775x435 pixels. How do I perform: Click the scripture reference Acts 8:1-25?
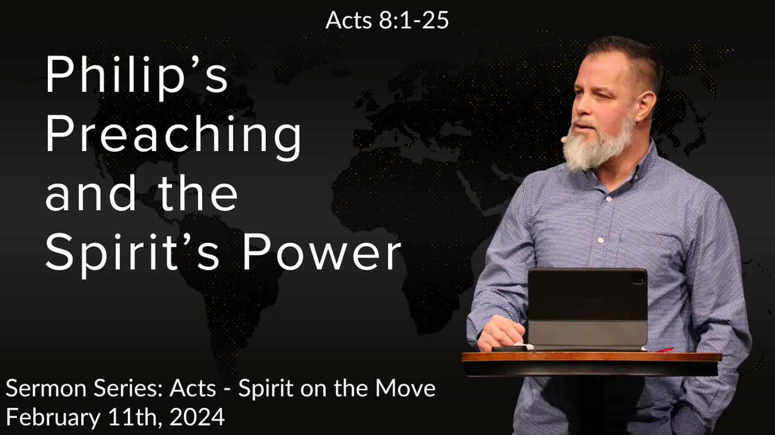point(387,20)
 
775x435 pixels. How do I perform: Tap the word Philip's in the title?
point(137,77)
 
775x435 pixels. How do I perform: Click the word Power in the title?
point(322,251)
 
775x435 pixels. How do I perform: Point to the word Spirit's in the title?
point(132,255)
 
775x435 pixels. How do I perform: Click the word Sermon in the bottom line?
point(46,388)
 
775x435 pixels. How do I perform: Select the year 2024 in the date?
point(197,417)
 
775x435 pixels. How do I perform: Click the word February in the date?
point(53,418)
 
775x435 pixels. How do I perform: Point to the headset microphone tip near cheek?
point(563,139)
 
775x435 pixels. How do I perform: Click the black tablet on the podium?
point(587,308)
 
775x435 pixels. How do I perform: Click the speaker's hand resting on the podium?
point(501,332)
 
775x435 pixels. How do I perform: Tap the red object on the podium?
point(663,350)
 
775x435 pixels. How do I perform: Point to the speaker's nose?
point(580,108)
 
